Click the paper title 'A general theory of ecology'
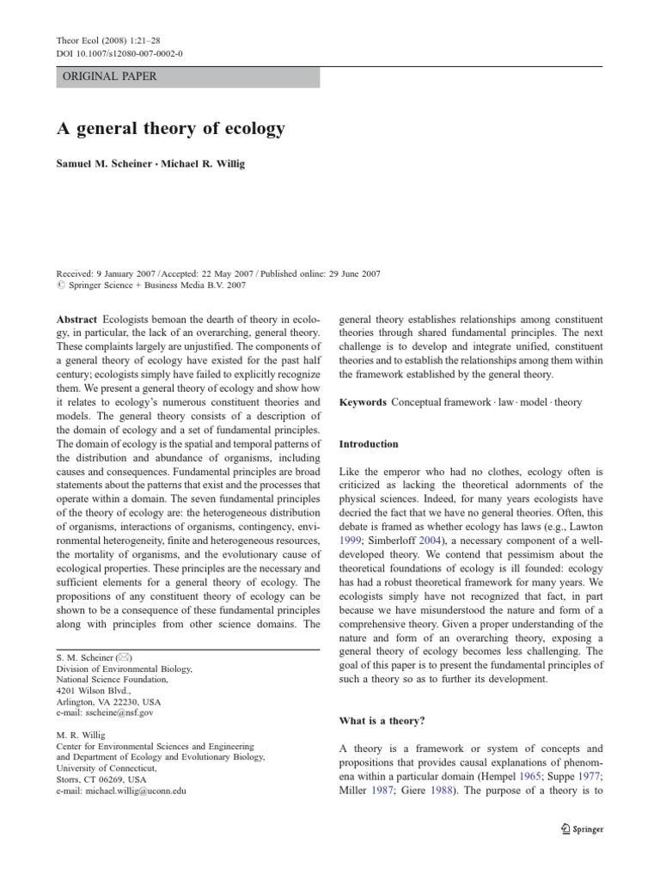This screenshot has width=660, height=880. coord(171,130)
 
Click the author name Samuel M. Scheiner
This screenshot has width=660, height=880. coord(108,164)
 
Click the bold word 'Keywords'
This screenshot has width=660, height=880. coord(362,402)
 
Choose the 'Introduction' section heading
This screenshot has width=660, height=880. coord(369,444)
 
